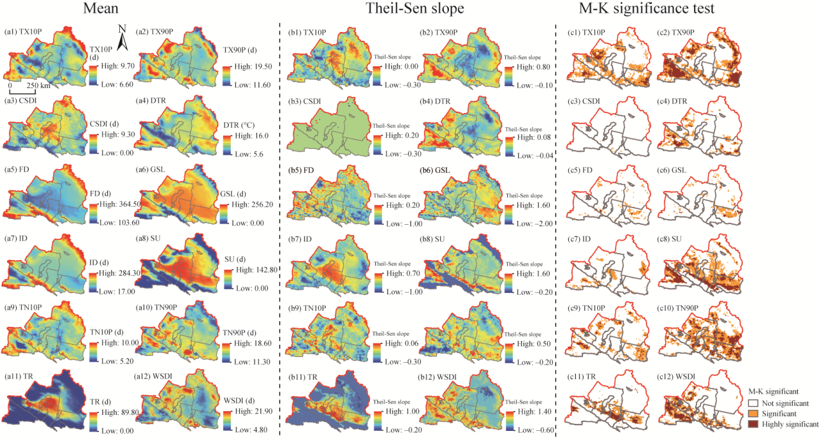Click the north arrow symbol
(126, 37)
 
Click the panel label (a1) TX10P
(25, 31)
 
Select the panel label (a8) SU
(150, 238)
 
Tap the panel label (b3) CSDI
(307, 101)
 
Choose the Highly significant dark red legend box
(754, 425)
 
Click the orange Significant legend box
(754, 414)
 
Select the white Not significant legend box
(754, 403)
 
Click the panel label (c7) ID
(581, 238)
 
